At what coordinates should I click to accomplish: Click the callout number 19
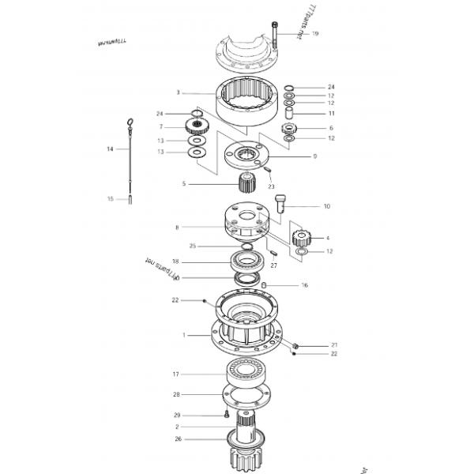[315, 34]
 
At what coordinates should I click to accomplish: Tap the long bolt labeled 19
[273, 36]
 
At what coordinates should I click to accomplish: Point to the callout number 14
[111, 149]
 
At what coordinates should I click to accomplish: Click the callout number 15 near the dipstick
[111, 198]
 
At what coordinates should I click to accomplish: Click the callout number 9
[314, 156]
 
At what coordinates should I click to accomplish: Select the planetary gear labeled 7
[194, 126]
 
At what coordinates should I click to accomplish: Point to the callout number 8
[176, 228]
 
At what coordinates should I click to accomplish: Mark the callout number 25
[192, 246]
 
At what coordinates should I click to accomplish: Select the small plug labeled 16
[266, 284]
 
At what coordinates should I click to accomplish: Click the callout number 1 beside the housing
[183, 335]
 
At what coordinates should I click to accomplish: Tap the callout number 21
[334, 345]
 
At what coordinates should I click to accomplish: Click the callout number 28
[176, 394]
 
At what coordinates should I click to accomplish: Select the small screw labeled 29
[227, 413]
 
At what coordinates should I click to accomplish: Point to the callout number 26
[178, 438]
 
